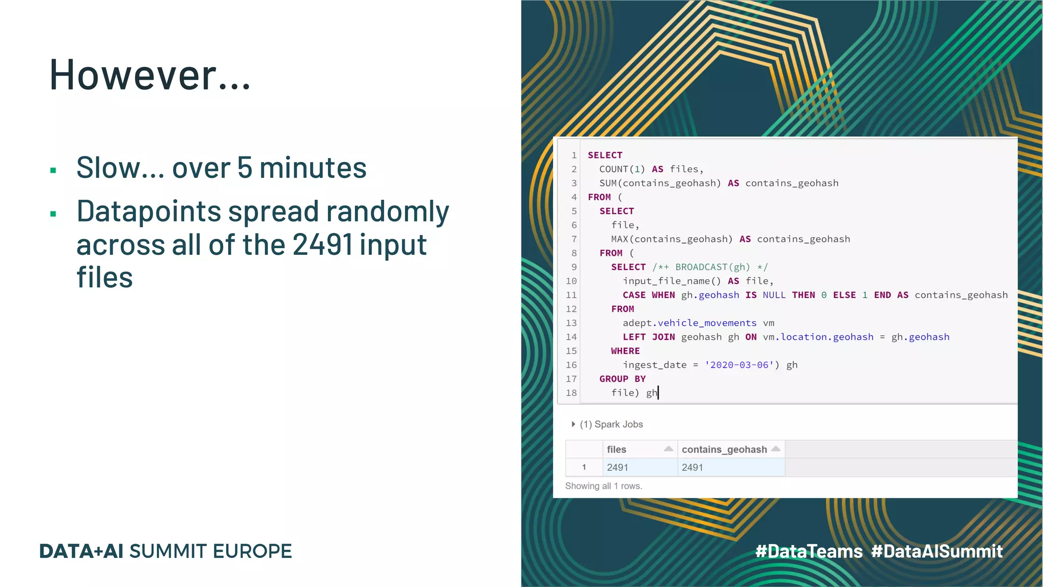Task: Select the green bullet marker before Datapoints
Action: [53, 214]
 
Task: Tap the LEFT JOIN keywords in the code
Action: [648, 337]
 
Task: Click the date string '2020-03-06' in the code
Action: [739, 365]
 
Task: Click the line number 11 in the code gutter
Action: [571, 295]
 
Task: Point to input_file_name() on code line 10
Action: [672, 281]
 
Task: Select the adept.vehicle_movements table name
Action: [690, 323]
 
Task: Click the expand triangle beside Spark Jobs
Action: [573, 424]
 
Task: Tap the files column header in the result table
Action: [617, 449]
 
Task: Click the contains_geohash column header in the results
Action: [724, 449]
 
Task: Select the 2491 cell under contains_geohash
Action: [693, 467]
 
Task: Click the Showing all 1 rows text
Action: [603, 486]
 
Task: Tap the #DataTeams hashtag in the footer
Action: [809, 551]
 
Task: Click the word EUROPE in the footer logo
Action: [252, 551]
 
